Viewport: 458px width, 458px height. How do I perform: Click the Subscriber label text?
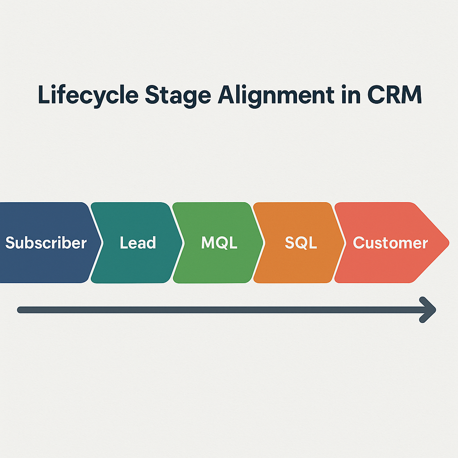click(46, 243)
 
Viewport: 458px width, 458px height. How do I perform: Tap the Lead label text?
click(138, 243)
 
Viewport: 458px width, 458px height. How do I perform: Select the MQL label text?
click(219, 243)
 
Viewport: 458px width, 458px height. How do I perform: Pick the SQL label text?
click(301, 243)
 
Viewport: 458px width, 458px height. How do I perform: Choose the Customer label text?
click(390, 243)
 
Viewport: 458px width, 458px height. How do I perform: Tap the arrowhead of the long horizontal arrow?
click(430, 310)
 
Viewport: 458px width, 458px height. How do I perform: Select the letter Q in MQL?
click(221, 243)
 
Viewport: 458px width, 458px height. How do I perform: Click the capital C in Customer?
click(358, 243)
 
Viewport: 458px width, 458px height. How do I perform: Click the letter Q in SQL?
click(302, 243)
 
